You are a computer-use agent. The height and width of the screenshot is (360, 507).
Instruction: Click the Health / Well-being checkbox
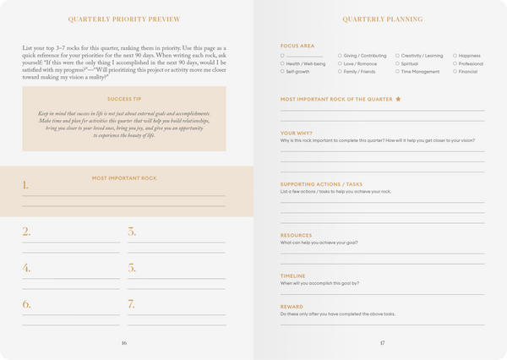pyautogui.click(x=283, y=63)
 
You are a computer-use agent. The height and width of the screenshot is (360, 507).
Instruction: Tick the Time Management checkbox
pyautogui.click(x=397, y=72)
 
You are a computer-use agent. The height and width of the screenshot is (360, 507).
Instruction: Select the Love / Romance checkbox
pyautogui.click(x=340, y=63)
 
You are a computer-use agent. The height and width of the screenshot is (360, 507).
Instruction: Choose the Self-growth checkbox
pyautogui.click(x=283, y=72)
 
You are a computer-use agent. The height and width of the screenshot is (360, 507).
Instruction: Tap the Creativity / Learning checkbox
pyautogui.click(x=397, y=55)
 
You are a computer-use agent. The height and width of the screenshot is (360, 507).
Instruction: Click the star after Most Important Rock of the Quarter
pyautogui.click(x=398, y=99)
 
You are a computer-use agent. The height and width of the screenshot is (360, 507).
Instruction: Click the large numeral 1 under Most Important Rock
pyautogui.click(x=25, y=185)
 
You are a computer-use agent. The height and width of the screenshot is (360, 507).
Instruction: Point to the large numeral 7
pyautogui.click(x=132, y=303)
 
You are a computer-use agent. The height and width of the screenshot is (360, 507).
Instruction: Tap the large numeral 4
pyautogui.click(x=26, y=268)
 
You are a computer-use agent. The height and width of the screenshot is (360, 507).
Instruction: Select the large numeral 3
pyautogui.click(x=132, y=232)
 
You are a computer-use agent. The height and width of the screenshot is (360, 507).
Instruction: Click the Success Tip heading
pyautogui.click(x=124, y=98)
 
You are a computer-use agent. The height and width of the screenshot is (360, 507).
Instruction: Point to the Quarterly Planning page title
pyautogui.click(x=383, y=19)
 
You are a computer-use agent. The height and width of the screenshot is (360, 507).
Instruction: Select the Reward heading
pyautogui.click(x=292, y=307)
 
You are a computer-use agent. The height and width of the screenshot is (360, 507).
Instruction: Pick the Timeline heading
pyautogui.click(x=293, y=275)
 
